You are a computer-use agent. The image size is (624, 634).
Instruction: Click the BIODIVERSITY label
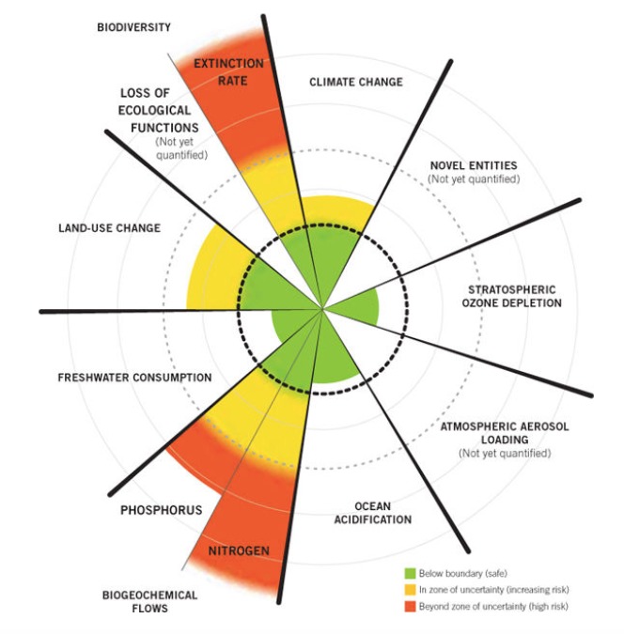pyautogui.click(x=134, y=27)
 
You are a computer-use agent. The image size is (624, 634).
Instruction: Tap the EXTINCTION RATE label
pyautogui.click(x=228, y=72)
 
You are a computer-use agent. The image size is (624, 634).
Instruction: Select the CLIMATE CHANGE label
pyautogui.click(x=356, y=82)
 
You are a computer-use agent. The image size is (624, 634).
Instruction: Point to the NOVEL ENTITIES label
pyautogui.click(x=474, y=165)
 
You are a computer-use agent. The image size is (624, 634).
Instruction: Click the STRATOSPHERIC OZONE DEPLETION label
pyautogui.click(x=512, y=297)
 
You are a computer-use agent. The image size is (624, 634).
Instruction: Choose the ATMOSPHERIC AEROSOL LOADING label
pyautogui.click(x=505, y=433)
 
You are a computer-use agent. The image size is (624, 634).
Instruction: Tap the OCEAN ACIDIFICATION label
pyautogui.click(x=373, y=513)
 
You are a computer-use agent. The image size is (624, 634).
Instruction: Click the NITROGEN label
pyautogui.click(x=239, y=550)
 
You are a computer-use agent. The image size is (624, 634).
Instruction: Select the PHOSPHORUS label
pyautogui.click(x=162, y=510)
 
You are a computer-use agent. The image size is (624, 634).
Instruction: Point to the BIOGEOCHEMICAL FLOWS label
pyautogui.click(x=149, y=602)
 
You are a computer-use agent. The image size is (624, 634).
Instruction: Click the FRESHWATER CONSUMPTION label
pyautogui.click(x=134, y=378)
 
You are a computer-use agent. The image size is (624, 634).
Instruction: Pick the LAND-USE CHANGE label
pyautogui.click(x=110, y=228)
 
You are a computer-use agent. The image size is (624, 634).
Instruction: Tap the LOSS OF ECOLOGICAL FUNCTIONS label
pyautogui.click(x=159, y=111)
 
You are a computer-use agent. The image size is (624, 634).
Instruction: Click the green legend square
pyautogui.click(x=411, y=573)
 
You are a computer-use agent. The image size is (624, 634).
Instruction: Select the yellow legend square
pyautogui.click(x=411, y=590)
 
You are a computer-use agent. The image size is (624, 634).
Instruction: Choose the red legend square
pyautogui.click(x=411, y=607)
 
